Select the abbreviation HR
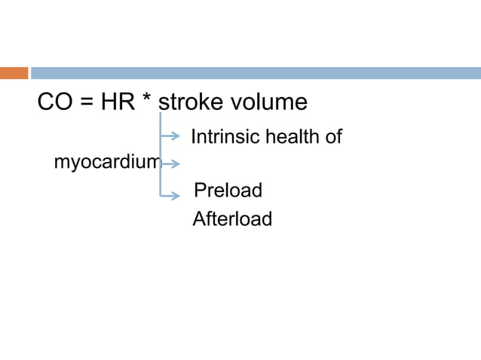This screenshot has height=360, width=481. pos(115,102)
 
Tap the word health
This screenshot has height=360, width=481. pos(291,137)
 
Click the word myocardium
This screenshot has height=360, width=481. pos(106,163)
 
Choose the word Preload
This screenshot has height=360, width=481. pos(228,191)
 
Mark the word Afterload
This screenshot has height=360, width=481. pos(232,219)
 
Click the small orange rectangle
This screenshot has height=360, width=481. pos(14,73)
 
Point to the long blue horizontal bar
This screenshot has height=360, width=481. pos(256,73)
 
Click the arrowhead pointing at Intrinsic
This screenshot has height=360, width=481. pos(177,136)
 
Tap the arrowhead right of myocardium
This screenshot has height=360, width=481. pos(177,163)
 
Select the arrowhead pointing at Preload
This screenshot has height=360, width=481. pos(177,195)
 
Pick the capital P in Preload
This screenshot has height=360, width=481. pos(200,191)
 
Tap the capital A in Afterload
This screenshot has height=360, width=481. pos(199,219)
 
